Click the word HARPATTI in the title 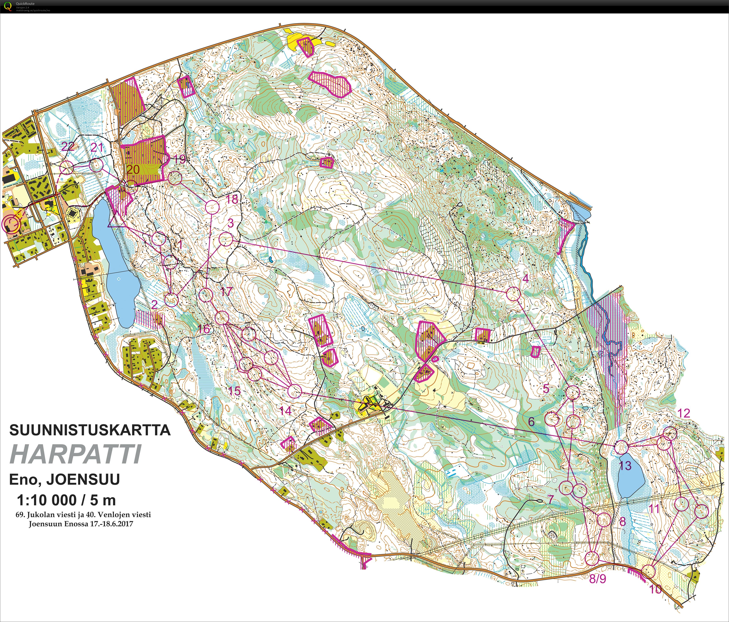point(76,455)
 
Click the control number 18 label point(231,199)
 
